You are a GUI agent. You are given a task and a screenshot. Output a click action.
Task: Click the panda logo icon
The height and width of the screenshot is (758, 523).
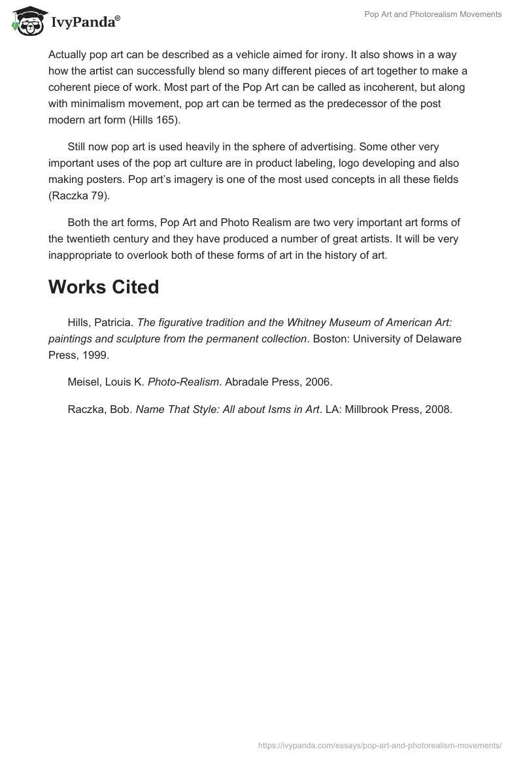tap(25, 20)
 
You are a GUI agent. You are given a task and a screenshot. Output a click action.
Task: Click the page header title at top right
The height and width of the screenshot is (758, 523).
tap(433, 14)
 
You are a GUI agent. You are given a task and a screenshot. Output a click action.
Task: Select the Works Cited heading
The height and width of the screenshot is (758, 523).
tap(103, 287)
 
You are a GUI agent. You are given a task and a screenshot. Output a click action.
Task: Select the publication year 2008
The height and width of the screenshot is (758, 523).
tap(438, 410)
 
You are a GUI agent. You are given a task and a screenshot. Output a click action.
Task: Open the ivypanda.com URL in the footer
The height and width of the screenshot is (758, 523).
tap(380, 744)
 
